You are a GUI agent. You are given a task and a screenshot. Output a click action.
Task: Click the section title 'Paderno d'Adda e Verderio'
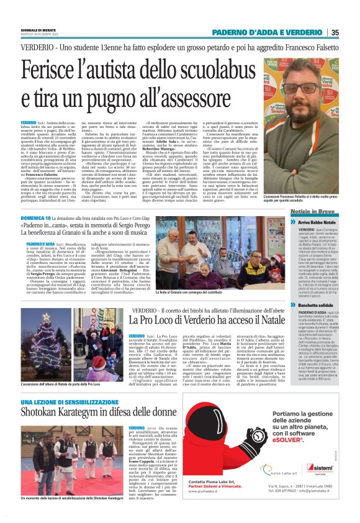click(268, 33)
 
